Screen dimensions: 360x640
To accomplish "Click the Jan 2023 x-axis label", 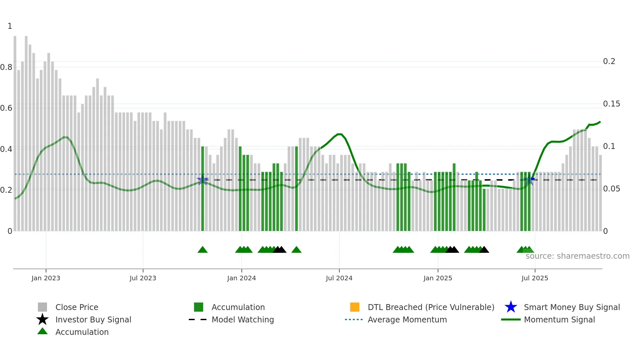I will (x=46, y=278).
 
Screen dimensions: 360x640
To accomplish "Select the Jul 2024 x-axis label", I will (x=339, y=278).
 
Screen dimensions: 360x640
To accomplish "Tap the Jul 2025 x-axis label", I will (x=535, y=278).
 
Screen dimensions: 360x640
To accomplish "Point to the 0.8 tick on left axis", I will (x=7, y=67).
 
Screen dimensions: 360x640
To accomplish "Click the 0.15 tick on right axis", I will (x=611, y=104).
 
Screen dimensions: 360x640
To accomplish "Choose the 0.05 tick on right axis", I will (x=611, y=189).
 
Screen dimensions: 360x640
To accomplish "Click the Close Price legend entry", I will (x=77, y=307).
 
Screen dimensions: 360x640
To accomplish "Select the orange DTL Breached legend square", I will (x=355, y=307).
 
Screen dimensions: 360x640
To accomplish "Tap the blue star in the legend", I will (x=511, y=307).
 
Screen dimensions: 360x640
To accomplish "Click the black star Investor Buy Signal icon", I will (x=42, y=319).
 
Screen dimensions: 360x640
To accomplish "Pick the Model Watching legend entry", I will (x=242, y=319).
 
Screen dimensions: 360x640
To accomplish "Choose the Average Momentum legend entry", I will (x=407, y=319).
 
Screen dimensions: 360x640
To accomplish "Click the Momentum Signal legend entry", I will (x=559, y=319).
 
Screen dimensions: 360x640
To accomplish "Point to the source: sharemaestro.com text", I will (x=577, y=256).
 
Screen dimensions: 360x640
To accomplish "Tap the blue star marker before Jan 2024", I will (x=202, y=180).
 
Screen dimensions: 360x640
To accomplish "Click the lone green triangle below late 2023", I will (x=202, y=250).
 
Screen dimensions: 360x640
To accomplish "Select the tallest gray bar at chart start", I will (x=15, y=131).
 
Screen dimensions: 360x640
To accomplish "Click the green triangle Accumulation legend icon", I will (x=42, y=331).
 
